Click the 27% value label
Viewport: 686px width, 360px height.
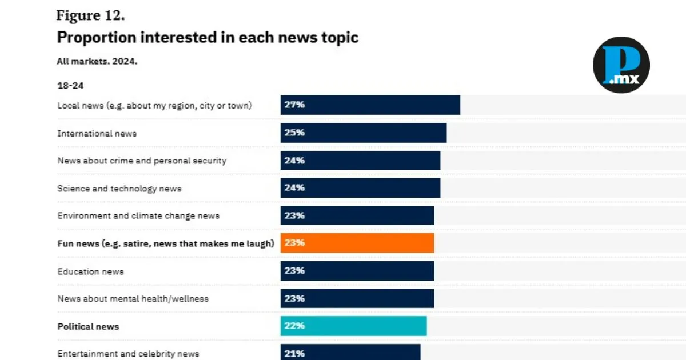(294, 105)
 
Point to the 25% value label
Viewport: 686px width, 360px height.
(294, 133)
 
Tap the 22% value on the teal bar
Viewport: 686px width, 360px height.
(294, 326)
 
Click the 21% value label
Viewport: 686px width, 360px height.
(294, 353)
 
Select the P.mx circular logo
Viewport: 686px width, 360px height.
(621, 65)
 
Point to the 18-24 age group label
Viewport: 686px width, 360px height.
(71, 85)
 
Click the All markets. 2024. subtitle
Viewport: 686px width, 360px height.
(97, 61)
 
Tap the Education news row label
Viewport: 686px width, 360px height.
(90, 271)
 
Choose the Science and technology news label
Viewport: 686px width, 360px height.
(119, 188)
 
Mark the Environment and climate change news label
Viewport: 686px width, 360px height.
(138, 215)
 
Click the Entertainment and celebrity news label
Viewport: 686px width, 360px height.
(128, 353)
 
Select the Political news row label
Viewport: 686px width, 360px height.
(88, 326)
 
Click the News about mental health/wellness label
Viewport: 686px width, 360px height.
(133, 298)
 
